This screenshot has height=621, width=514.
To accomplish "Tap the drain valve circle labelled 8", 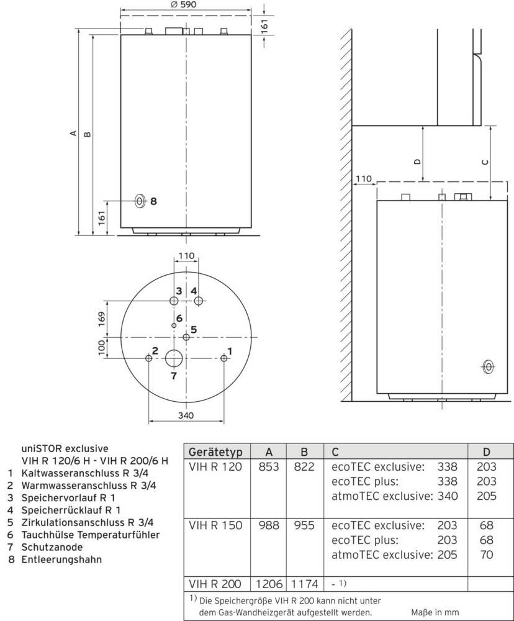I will [x=140, y=201].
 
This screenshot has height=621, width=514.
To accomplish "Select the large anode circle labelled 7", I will [x=174, y=358].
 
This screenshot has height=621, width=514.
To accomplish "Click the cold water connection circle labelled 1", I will [x=224, y=358].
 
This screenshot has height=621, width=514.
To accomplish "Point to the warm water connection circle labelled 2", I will [x=148, y=358].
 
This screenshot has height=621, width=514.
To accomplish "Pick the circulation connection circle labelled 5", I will [x=186, y=337].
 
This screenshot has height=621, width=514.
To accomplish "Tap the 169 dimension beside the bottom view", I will [x=102, y=319].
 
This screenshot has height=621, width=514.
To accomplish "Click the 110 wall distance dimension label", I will [x=364, y=179].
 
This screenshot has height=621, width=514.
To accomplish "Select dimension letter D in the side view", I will [x=418, y=161].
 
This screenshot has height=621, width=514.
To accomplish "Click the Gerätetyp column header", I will [x=215, y=451].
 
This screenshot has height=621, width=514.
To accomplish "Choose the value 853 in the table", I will [x=269, y=466].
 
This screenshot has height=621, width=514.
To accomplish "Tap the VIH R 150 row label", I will [x=215, y=525].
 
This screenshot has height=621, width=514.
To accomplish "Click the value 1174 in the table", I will [x=305, y=584].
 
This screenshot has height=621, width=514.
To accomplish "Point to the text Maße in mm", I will [x=432, y=612].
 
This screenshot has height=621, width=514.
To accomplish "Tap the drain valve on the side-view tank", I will [x=489, y=367].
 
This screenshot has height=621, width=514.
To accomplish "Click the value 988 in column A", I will [x=269, y=525].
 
